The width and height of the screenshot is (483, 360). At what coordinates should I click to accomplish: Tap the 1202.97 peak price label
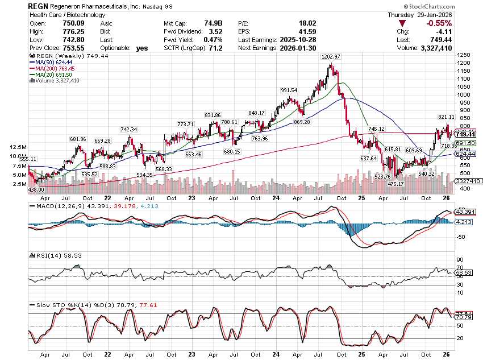point(330,57)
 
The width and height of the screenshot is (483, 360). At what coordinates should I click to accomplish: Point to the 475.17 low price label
point(395,184)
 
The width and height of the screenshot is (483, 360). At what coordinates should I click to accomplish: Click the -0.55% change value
point(439,23)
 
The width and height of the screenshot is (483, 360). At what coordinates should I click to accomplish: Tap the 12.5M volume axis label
point(17,146)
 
